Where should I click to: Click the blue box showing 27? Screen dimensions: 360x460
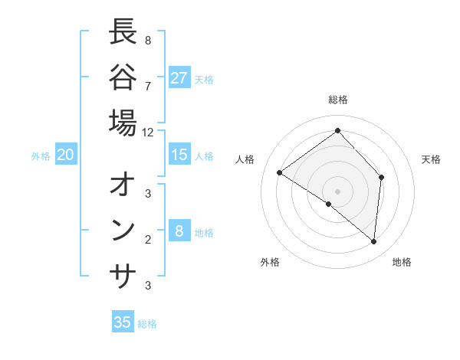[x=179, y=78]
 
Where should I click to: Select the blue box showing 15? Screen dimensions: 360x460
[x=179, y=155]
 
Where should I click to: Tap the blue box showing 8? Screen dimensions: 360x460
[x=179, y=231]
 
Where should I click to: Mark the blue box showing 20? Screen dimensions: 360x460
[x=66, y=155]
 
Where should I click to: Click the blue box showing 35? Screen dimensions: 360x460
[x=123, y=322]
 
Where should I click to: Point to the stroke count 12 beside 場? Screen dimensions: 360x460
[x=147, y=132]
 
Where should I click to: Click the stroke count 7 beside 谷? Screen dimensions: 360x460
[x=147, y=85]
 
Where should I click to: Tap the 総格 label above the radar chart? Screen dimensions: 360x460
[x=338, y=100]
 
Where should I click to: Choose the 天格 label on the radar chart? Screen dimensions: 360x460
[x=431, y=159]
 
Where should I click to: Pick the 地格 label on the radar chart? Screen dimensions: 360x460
[x=402, y=262]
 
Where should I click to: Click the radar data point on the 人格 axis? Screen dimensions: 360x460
[x=280, y=172]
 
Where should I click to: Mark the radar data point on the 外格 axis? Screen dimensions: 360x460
[x=329, y=204]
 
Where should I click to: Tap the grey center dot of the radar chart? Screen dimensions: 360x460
[x=338, y=191]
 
